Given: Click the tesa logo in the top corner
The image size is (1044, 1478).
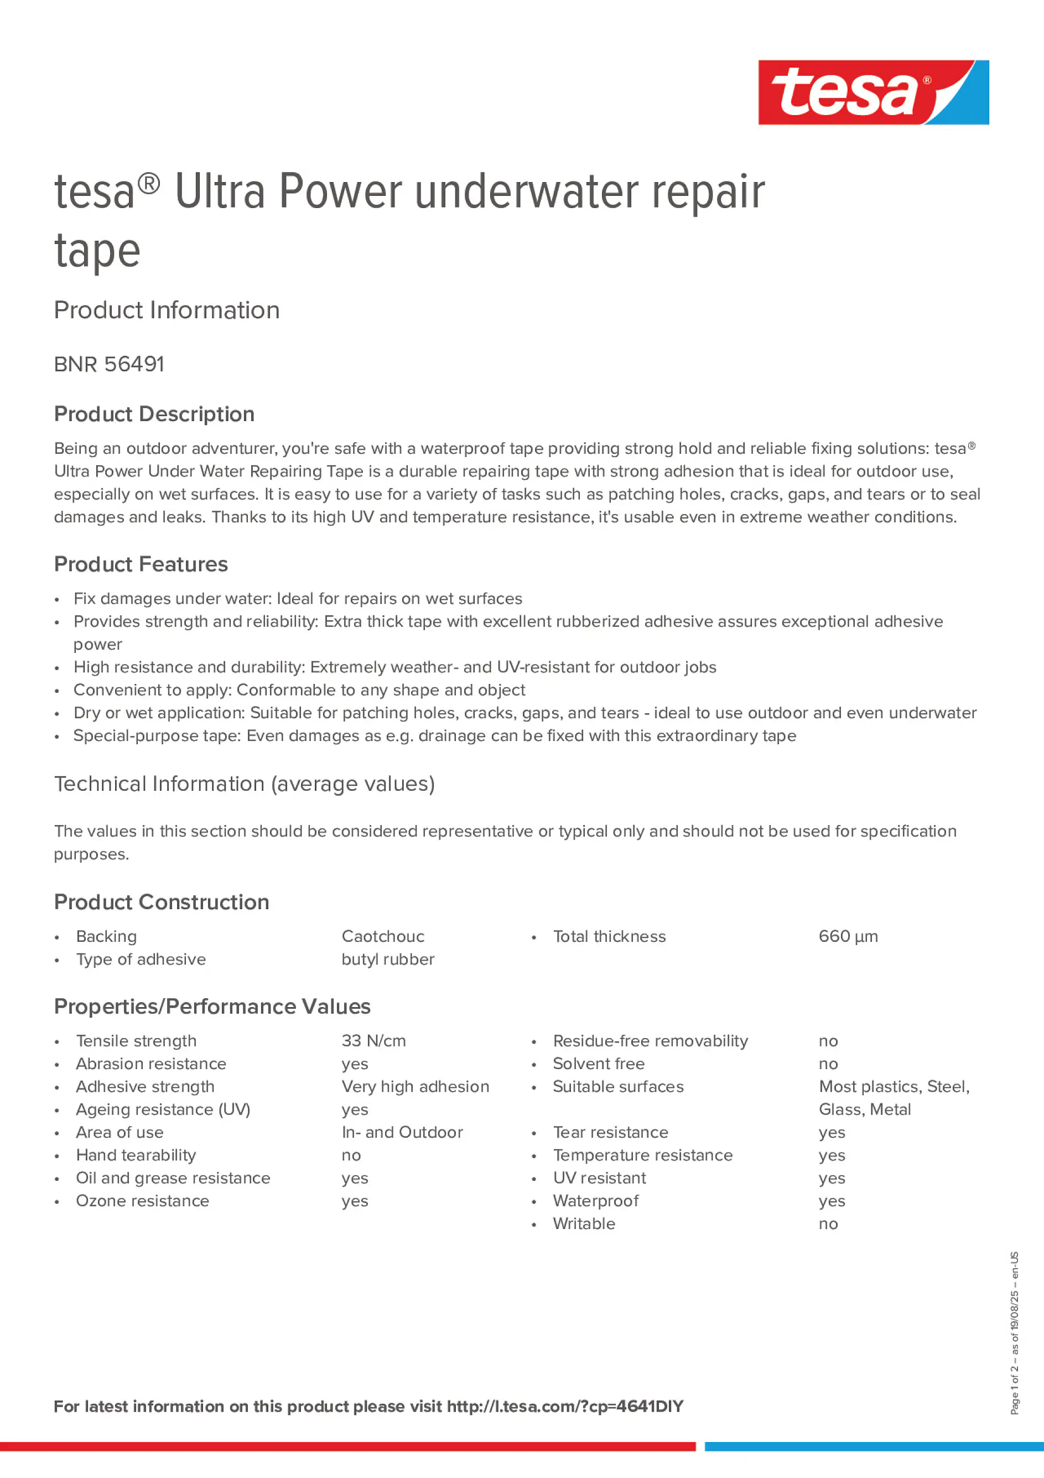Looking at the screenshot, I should click(x=873, y=92).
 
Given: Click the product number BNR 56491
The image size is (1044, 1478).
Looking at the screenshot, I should click(x=109, y=364).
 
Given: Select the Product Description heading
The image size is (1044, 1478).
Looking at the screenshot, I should click(x=154, y=414).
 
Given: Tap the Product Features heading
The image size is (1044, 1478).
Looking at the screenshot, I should click(x=141, y=564).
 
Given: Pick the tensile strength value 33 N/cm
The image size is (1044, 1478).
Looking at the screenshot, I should click(x=373, y=1040).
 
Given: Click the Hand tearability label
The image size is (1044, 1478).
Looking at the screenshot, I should click(x=136, y=1155).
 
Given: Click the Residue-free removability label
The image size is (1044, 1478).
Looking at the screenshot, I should click(x=650, y=1040).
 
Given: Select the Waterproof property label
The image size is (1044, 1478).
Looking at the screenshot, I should click(x=595, y=1201).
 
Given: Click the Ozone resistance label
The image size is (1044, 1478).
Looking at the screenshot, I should click(x=142, y=1201).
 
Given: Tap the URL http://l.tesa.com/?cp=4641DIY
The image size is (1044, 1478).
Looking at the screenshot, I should click(x=564, y=1406).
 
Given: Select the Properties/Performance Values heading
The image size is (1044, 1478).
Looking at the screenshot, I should click(x=212, y=1006).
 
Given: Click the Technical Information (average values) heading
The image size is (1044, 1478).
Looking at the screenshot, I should click(x=244, y=784).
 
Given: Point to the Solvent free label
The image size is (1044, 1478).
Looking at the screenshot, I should click(x=599, y=1064).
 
